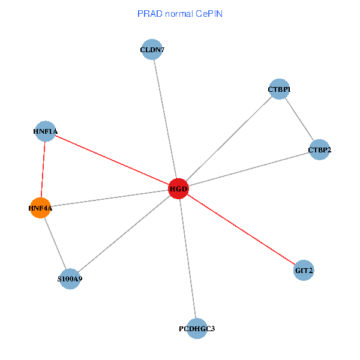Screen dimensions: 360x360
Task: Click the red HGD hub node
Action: [x=178, y=188]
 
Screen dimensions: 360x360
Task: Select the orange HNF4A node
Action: [x=40, y=208]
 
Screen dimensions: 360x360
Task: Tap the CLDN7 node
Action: [x=152, y=50]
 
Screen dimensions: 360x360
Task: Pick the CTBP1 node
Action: [x=279, y=89]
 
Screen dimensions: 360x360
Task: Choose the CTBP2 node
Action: [x=320, y=149]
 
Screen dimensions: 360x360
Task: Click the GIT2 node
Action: [x=304, y=271]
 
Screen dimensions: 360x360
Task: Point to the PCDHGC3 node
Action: [x=197, y=328]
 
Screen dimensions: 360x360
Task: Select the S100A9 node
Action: [x=70, y=279]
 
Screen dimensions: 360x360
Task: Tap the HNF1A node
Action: [x=46, y=131]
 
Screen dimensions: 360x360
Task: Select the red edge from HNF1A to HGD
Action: [x=112, y=160]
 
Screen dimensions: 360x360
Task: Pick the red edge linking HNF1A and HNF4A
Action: [x=43, y=169]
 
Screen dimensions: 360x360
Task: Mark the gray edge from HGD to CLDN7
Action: [x=165, y=119]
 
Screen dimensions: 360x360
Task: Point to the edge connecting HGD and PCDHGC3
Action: [x=187, y=258]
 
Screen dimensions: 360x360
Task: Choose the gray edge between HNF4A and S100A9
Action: [x=55, y=244]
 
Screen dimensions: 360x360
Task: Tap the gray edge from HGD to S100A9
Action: [x=124, y=234]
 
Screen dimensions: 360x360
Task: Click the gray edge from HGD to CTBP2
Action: [x=249, y=169]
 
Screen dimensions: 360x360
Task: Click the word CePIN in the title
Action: [x=208, y=13]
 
